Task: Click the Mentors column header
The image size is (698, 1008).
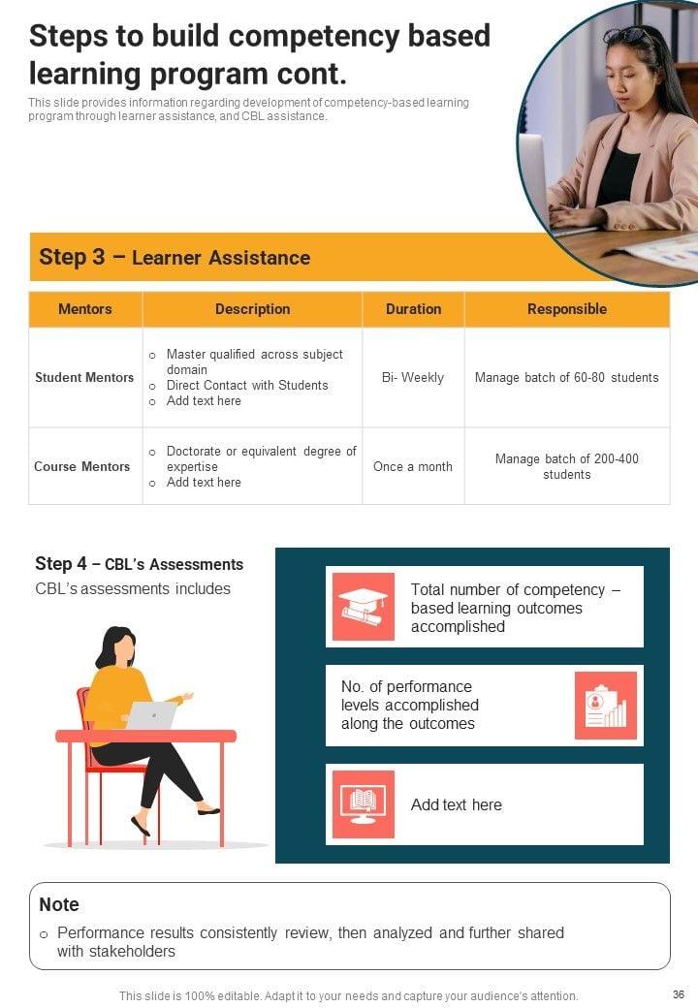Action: pos(85,309)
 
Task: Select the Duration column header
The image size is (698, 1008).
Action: pos(413,309)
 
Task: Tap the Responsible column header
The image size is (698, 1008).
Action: pos(567,309)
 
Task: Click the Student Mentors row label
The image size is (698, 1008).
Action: pos(84,377)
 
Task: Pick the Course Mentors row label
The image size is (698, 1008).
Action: pos(81,467)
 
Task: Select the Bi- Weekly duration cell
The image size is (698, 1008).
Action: pos(413,377)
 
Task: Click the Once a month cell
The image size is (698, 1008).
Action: pos(413,467)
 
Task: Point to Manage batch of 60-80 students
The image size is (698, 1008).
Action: pos(567,377)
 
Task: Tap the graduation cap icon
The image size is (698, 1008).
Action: pos(364,606)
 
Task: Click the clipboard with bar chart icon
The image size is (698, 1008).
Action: pos(606,706)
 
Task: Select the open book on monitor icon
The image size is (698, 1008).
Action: pos(364,804)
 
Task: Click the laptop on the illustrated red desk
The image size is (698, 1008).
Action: pos(151,715)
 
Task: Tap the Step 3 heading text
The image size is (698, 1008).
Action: pos(174,257)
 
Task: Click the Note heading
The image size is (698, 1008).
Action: pos(59,904)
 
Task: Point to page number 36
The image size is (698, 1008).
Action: pos(678,994)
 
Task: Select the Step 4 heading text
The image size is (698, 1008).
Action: pos(139,564)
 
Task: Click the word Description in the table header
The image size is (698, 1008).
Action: pos(253,309)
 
